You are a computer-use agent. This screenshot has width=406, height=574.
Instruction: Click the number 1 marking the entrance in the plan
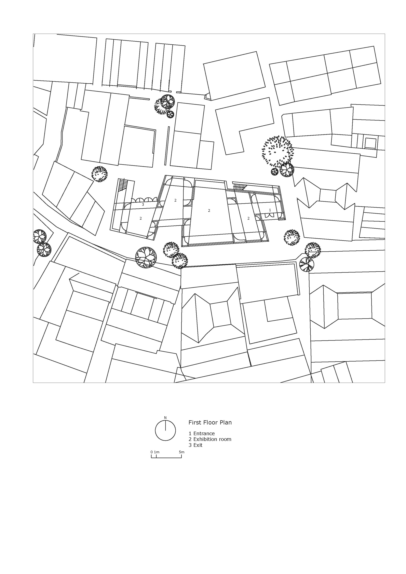pyautogui.click(x=270, y=210)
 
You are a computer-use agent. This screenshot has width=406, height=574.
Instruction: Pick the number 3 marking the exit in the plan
pyautogui.click(x=143, y=204)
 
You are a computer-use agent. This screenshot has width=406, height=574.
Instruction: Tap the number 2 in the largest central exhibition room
pyautogui.click(x=209, y=210)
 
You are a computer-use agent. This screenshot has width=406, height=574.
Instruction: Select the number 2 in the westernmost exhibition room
pyautogui.click(x=141, y=218)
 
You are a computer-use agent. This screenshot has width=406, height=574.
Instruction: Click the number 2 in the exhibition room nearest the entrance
pyautogui.click(x=248, y=218)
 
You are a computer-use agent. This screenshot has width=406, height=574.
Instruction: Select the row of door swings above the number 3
pyautogui.click(x=145, y=199)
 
